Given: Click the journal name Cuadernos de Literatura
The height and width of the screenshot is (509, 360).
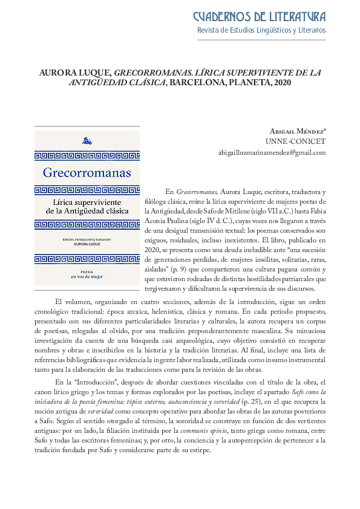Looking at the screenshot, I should [x=259, y=16].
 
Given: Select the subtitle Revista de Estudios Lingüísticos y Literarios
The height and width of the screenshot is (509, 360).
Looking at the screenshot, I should [x=261, y=30].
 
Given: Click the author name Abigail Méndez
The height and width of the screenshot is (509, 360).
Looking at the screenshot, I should [x=297, y=131].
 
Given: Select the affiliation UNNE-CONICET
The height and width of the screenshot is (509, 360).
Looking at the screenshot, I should [x=299, y=141].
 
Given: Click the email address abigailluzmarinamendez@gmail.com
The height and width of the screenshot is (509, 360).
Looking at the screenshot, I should [x=272, y=152].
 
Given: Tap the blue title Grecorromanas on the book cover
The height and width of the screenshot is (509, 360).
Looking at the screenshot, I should [x=87, y=173].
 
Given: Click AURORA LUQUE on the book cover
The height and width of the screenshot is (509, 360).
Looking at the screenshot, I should [x=87, y=246].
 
